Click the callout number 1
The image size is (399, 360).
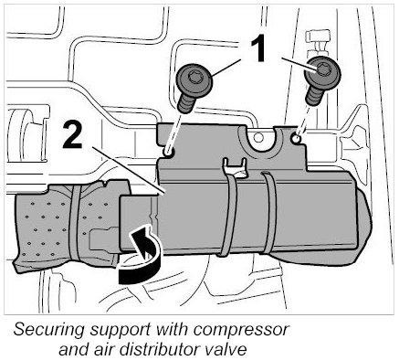click(x=257, y=48)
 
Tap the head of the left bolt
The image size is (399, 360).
click(x=194, y=80)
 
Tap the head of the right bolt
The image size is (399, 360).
click(x=323, y=71)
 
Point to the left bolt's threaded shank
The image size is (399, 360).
click(x=185, y=102)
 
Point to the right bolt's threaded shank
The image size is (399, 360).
click(x=311, y=94)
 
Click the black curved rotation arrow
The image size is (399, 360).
click(x=141, y=253)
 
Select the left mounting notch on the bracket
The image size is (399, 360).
click(x=169, y=153)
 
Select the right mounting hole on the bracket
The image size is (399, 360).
click(x=295, y=139)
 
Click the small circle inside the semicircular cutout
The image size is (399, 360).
click(x=258, y=138)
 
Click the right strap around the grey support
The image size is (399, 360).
click(x=268, y=212)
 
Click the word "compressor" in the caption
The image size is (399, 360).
click(x=241, y=330)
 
